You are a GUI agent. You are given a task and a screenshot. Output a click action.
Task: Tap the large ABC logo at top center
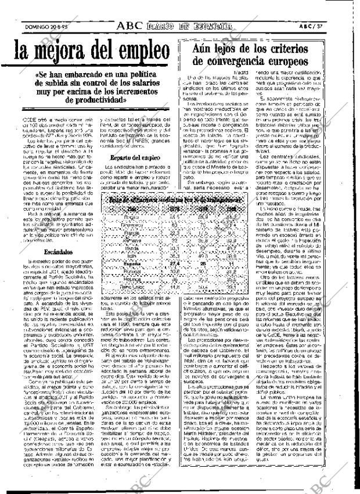(133, 26)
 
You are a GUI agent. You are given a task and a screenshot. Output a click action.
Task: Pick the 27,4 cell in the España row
(158, 262)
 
